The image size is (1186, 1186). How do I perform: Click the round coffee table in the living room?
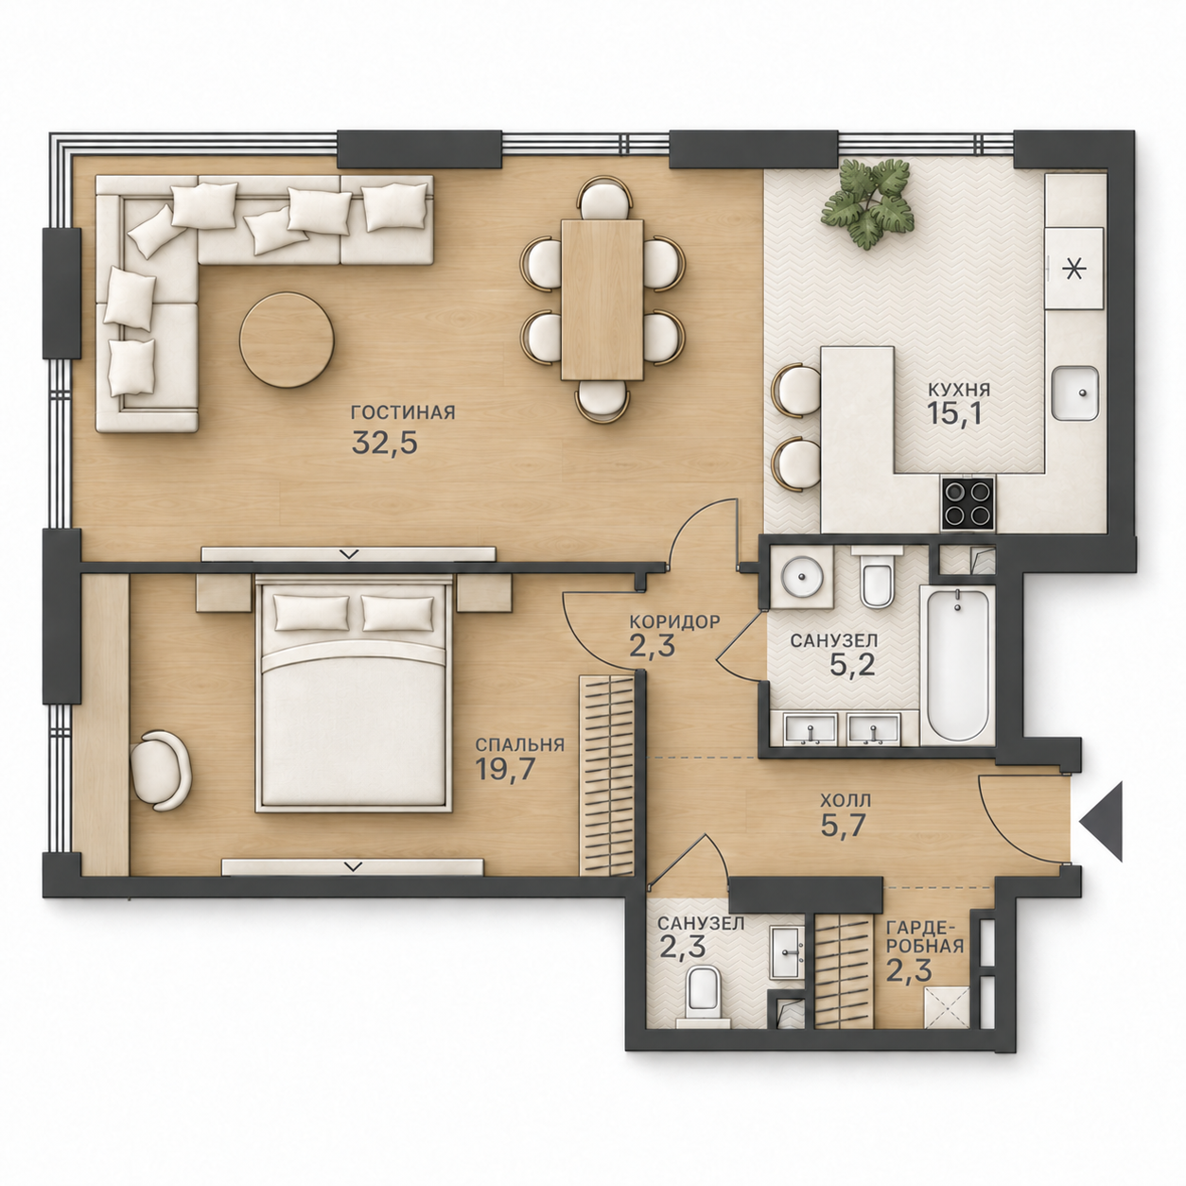(287, 340)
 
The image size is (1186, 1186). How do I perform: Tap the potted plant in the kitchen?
(869, 203)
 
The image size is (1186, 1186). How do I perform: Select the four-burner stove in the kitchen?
(967, 504)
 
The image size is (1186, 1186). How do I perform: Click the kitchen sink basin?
(1074, 392)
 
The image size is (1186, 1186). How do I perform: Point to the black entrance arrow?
(1102, 821)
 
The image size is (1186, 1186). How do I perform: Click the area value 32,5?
(385, 442)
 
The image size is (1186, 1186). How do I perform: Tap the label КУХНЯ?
(959, 390)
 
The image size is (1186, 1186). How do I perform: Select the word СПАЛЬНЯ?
(519, 744)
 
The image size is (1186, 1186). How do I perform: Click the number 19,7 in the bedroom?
(504, 770)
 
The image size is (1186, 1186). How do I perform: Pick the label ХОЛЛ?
(846, 800)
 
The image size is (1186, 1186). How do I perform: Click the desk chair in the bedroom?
(161, 769)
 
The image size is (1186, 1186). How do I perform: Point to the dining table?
(602, 299)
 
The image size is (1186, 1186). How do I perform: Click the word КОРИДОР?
(673, 621)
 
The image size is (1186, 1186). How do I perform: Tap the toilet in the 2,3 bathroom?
(703, 995)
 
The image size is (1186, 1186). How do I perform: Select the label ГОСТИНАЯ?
(403, 411)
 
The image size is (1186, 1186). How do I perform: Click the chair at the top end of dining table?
(604, 199)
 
